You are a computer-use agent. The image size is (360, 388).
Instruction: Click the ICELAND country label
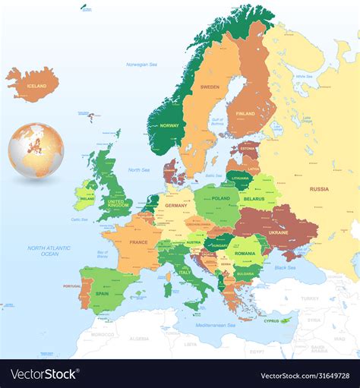tap(36, 87)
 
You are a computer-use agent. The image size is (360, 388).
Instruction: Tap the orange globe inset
tap(36, 150)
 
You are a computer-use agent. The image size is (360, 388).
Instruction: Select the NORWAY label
tap(169, 125)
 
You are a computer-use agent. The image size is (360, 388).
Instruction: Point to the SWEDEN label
tap(210, 87)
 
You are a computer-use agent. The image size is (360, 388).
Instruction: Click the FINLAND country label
tap(245, 114)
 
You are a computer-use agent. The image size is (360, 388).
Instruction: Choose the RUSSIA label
tap(319, 188)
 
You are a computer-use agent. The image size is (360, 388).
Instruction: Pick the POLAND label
tap(220, 198)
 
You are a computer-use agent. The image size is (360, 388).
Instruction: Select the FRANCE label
tap(138, 242)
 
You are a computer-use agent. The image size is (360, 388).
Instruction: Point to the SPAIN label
tap(102, 293)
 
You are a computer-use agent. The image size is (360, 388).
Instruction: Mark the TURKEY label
tap(309, 298)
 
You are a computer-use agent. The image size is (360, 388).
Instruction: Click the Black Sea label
tap(286, 268)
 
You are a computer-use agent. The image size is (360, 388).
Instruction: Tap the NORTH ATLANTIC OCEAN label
tap(49, 251)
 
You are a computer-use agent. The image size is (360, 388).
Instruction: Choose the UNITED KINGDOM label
tap(118, 203)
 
